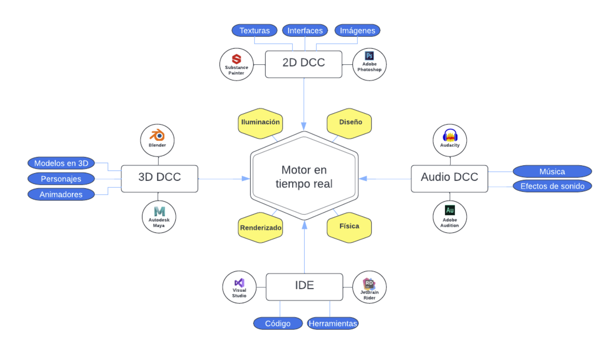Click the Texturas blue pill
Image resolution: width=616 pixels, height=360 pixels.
tap(254, 30)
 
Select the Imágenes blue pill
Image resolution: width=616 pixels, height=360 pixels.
tap(357, 30)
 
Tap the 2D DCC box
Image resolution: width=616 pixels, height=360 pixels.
tap(303, 64)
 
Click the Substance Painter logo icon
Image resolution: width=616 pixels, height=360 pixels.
tap(236, 59)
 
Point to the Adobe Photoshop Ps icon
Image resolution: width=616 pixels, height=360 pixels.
tap(369, 56)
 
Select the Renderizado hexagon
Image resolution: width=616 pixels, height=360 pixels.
tap(260, 228)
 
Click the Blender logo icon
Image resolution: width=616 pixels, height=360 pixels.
tap(157, 135)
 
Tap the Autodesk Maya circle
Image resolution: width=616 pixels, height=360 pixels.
tap(159, 217)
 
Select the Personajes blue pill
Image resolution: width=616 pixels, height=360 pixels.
tap(61, 179)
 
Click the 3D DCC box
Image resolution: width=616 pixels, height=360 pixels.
tap(159, 178)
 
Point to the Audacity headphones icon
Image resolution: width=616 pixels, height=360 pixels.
tap(450, 135)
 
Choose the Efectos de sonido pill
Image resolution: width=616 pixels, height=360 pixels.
tap(552, 186)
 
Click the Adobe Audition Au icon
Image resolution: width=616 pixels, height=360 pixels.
tap(450, 210)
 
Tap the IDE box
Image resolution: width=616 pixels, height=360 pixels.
tap(304, 287)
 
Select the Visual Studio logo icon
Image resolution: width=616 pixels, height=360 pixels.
tap(239, 283)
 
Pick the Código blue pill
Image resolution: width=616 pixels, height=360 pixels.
tap(278, 323)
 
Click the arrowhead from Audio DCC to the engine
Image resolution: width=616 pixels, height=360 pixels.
tap(363, 179)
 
